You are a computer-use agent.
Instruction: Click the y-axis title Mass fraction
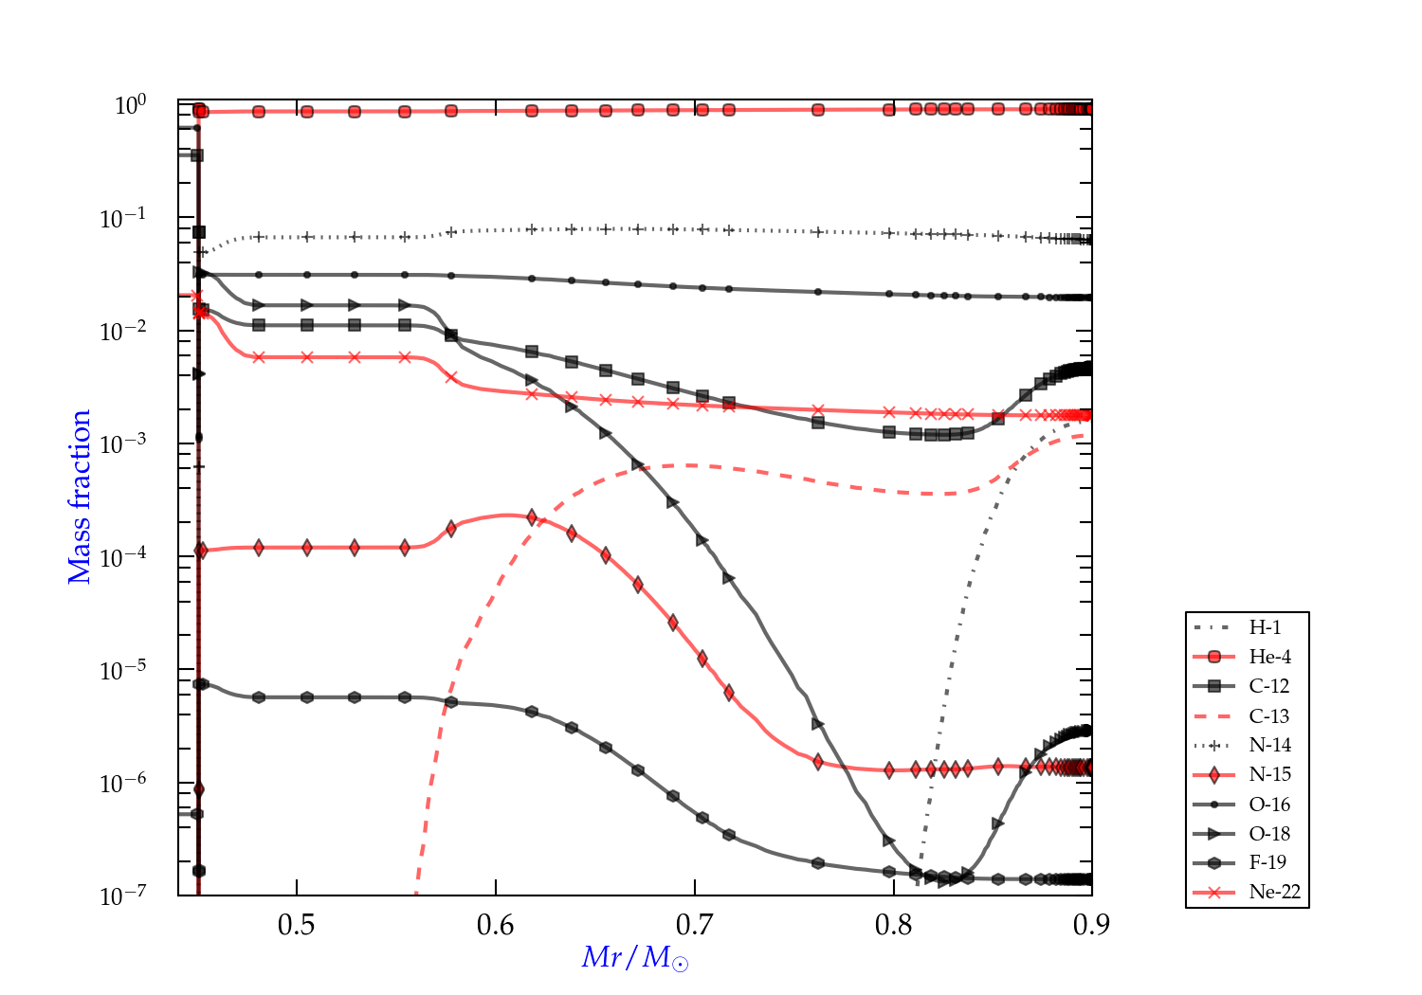click(80, 497)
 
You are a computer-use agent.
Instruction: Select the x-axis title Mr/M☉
click(635, 958)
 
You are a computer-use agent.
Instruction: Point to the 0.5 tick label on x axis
click(297, 924)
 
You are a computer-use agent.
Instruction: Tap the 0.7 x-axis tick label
click(695, 924)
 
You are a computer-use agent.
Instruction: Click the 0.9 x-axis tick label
click(1092, 924)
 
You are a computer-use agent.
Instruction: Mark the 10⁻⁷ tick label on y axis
click(123, 895)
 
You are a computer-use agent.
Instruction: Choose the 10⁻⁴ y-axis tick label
click(123, 555)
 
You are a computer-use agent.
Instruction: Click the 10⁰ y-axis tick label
click(130, 104)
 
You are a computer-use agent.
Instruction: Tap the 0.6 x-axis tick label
click(496, 924)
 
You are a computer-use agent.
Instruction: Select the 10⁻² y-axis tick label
click(123, 330)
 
